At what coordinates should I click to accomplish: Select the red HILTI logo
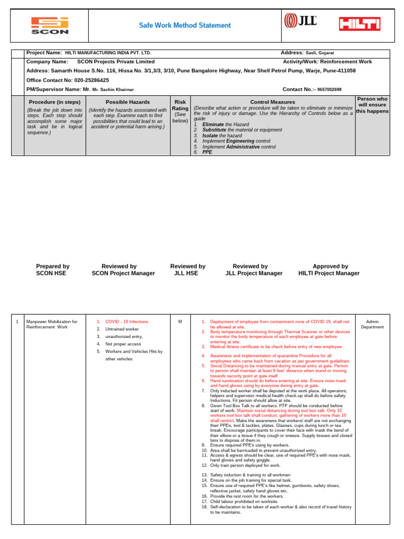[360, 24]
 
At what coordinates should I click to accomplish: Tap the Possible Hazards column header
[128, 102]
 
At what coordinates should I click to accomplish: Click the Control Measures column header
[272, 102]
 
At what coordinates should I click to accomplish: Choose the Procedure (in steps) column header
[55, 102]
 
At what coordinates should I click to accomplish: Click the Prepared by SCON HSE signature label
[53, 270]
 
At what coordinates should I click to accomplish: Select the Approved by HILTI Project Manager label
[329, 270]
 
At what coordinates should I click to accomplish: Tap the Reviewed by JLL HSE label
[188, 270]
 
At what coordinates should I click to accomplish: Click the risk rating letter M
[180, 322]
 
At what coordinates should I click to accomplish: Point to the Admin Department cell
[372, 324]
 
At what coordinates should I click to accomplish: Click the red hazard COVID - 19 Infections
[127, 322]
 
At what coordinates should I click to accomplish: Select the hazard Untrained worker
[123, 329]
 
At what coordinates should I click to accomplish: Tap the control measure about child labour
[244, 502]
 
